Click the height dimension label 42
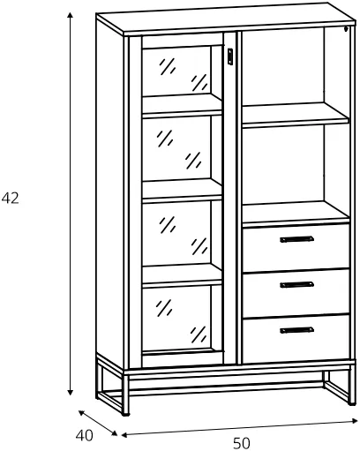tap(11, 198)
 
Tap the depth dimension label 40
tap(84, 435)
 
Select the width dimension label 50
tap(242, 443)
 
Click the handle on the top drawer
tap(296, 239)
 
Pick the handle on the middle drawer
tap(296, 284)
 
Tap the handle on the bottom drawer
tap(296, 330)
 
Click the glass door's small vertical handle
tap(230, 56)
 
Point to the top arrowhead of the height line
tap(70, 16)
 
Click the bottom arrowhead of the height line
tap(70, 392)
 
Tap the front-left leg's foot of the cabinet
tap(125, 414)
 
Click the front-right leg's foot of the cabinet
tap(352, 403)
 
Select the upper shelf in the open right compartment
tap(296, 116)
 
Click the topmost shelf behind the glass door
tap(182, 106)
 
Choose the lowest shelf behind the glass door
tap(182, 275)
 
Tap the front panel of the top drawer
tap(296, 248)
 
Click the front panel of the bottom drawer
tap(296, 339)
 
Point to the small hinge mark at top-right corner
tap(347, 29)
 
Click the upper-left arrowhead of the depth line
tap(81, 413)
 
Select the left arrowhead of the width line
tap(124, 435)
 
